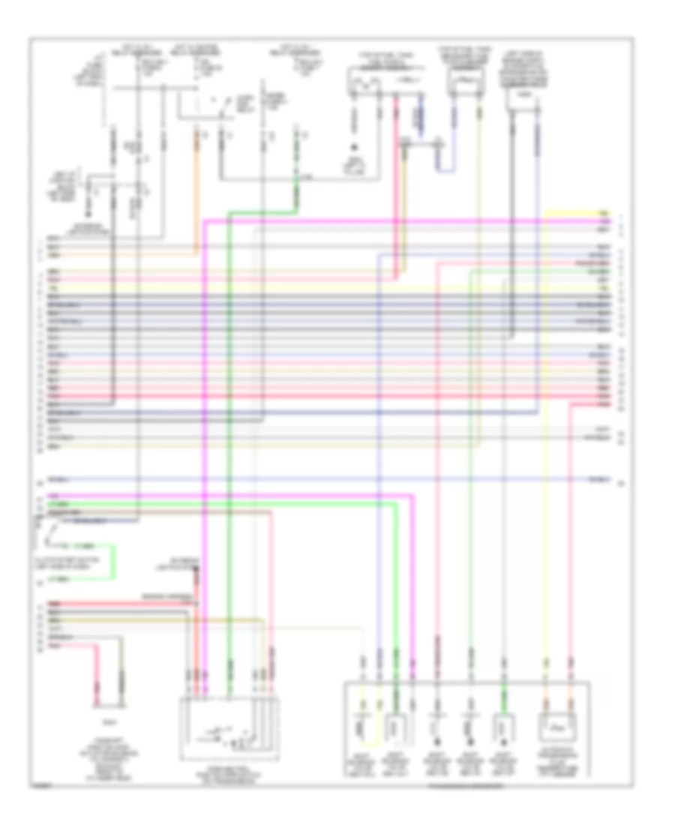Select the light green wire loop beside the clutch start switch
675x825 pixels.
tap(112, 562)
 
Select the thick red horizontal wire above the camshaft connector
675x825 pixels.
tap(120, 604)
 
